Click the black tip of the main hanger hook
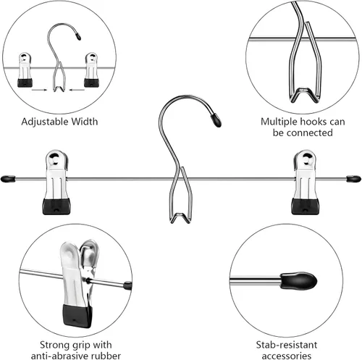pos(216,120)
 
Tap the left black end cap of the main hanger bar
pos(8,179)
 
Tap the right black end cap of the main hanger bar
pos(354,179)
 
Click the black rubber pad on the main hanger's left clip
pos(56,206)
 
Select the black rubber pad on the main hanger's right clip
pos(306,206)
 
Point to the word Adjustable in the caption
pos(45,122)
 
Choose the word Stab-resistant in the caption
pos(287,345)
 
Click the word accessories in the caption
pos(287,356)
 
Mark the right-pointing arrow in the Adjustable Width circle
pos(39,90)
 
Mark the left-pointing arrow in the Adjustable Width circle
pos(77,90)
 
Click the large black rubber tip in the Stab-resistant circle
pos(298,280)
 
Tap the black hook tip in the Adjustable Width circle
pos(78,36)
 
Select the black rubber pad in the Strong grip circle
pos(77,316)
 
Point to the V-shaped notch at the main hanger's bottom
pos(180,218)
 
